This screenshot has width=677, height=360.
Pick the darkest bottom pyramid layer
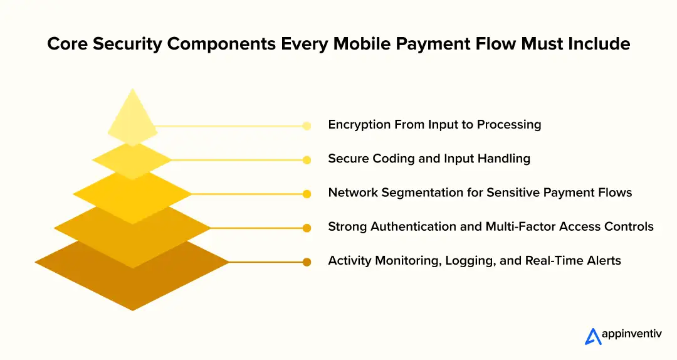(x=132, y=282)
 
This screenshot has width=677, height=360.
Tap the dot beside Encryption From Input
(x=307, y=126)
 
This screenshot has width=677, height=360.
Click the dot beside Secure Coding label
(x=307, y=160)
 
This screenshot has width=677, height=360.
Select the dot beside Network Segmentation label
(x=307, y=194)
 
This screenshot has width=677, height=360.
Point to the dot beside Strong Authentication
(x=307, y=228)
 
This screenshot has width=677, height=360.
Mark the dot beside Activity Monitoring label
(x=307, y=262)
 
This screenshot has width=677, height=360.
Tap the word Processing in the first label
(x=508, y=125)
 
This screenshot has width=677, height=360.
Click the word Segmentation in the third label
(x=416, y=193)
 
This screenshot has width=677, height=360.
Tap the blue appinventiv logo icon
(x=592, y=337)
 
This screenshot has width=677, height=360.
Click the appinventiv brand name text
(x=632, y=336)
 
